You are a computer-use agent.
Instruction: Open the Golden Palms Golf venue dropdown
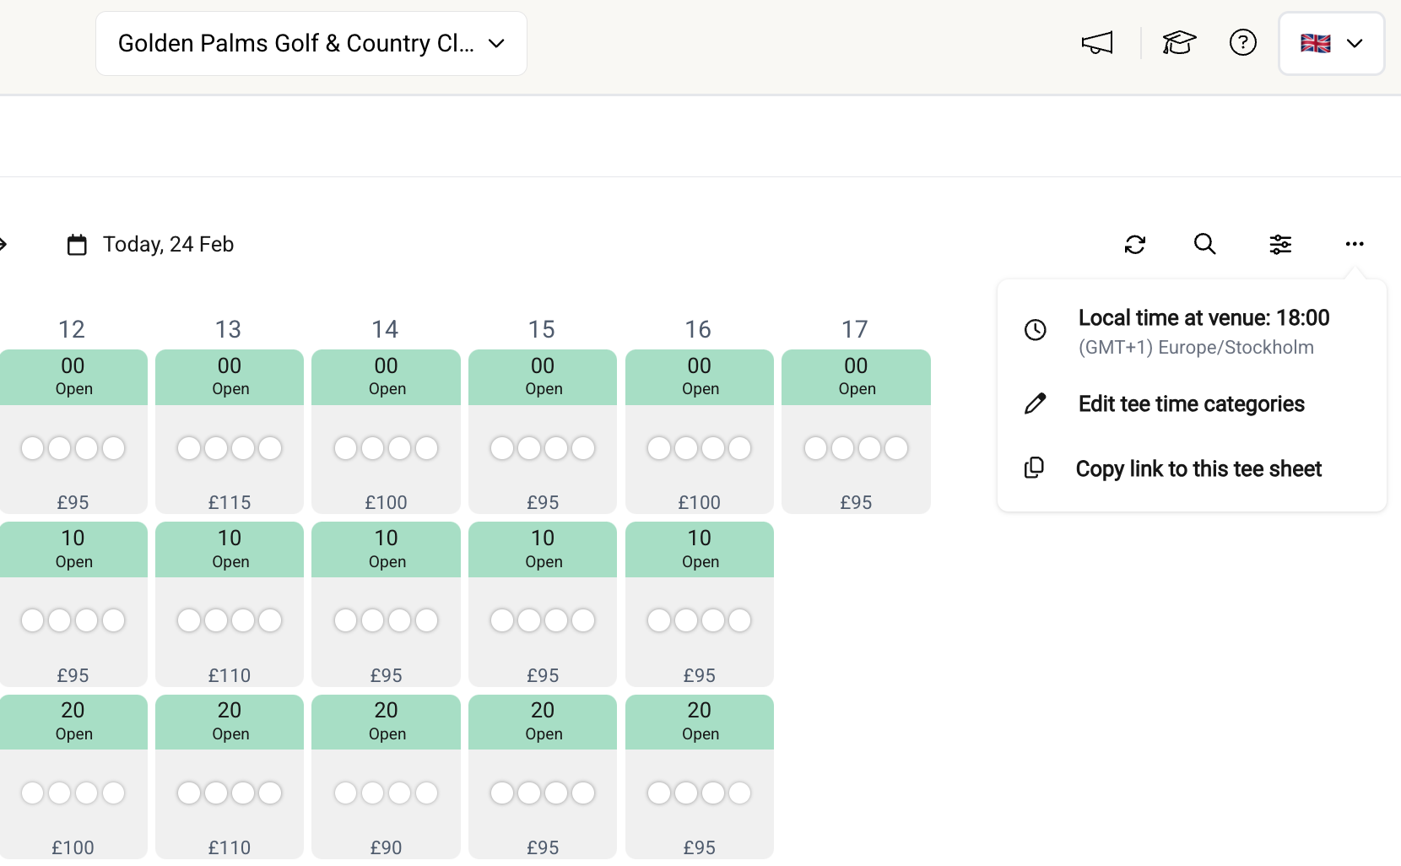tap(311, 43)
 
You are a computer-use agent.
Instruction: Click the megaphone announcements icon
tap(1097, 42)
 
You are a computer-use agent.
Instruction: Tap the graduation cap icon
tap(1179, 42)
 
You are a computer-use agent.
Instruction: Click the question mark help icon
tap(1242, 42)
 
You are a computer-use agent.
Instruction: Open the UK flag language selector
tap(1331, 43)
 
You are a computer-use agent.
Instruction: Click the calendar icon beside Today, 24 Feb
tap(77, 245)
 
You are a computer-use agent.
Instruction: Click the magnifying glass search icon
tap(1204, 244)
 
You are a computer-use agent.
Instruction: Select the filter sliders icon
tap(1280, 244)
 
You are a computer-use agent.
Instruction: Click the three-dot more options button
tap(1354, 244)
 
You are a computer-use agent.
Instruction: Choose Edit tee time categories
tap(1191, 403)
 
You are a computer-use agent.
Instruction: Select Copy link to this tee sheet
tap(1198, 468)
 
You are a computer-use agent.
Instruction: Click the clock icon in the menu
tap(1036, 330)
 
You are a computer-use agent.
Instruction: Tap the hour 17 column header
tap(854, 329)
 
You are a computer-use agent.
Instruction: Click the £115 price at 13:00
tap(230, 502)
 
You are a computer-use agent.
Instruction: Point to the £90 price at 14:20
tap(386, 847)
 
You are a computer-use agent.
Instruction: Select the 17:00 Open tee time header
tap(856, 376)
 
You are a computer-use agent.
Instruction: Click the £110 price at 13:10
tap(230, 675)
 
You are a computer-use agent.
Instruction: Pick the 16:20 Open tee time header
tap(699, 721)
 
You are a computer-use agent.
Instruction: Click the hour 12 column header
tap(72, 329)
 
